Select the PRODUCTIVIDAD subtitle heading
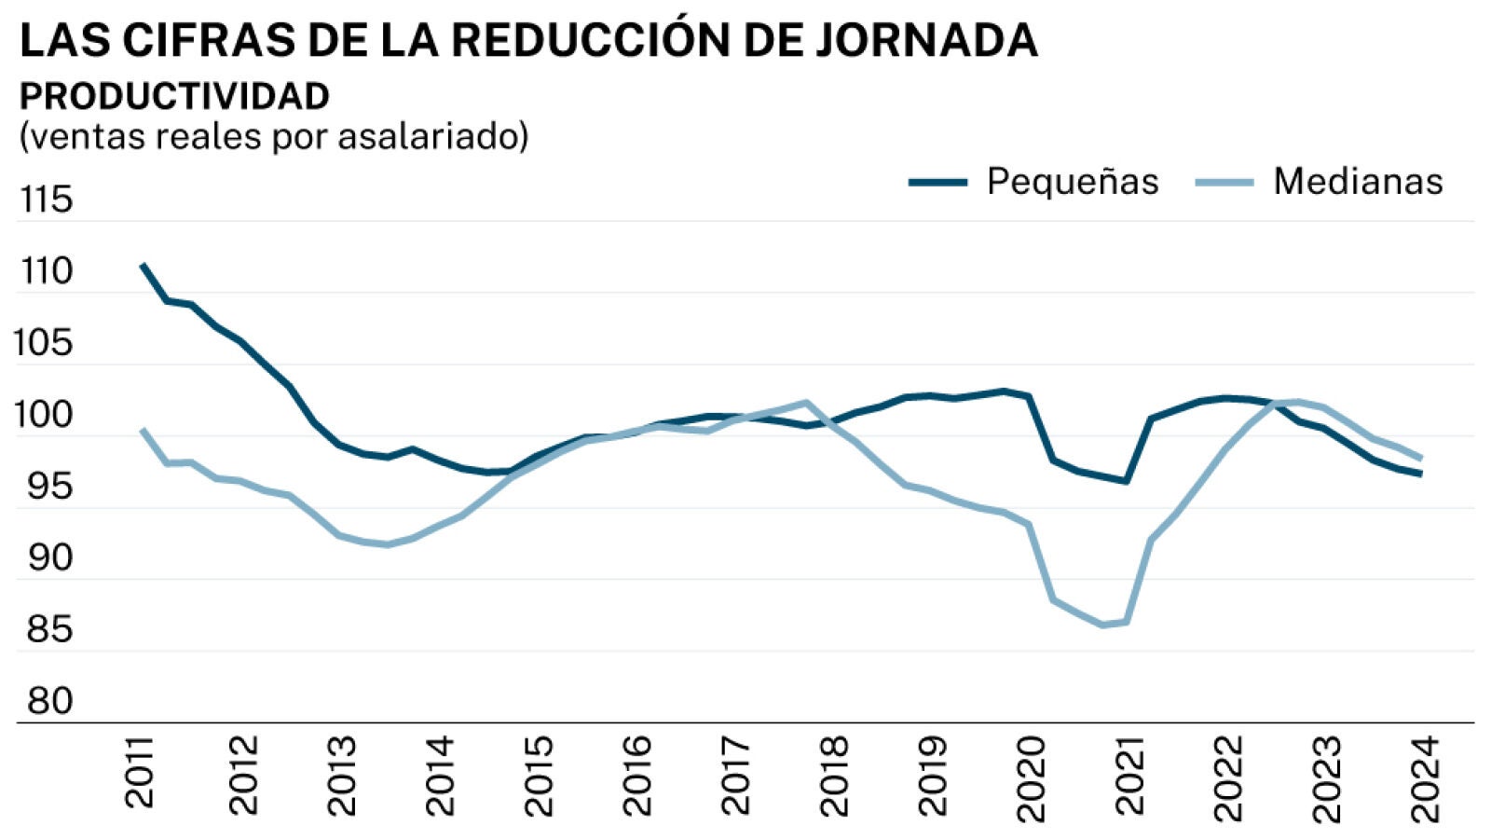point(174,96)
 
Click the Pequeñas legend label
point(1073,181)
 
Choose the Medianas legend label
point(1358,181)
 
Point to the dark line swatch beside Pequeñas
point(938,182)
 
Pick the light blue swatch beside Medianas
point(1224,182)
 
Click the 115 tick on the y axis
point(46,199)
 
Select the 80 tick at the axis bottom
point(49,701)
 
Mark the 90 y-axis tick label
point(49,557)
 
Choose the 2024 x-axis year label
point(1425,779)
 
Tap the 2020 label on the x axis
point(1031,779)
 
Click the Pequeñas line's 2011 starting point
point(143,265)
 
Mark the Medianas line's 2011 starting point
point(143,430)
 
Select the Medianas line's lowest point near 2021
point(1103,625)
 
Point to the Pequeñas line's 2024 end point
point(1420,474)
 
